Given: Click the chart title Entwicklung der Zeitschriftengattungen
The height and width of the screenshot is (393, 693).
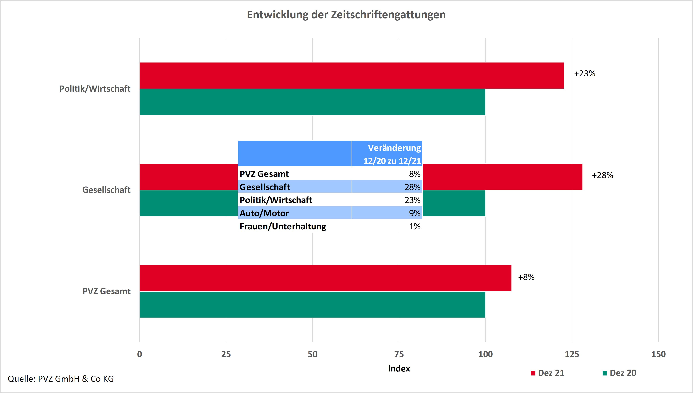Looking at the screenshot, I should (x=346, y=15).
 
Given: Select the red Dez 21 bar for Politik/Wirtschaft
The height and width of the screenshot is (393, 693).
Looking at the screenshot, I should (x=351, y=76).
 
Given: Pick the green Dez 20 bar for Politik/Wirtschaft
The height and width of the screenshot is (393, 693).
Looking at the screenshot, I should (x=312, y=102).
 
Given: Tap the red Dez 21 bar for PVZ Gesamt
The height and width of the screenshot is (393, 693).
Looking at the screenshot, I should (x=325, y=278).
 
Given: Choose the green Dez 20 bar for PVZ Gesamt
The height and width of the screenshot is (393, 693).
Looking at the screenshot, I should (x=312, y=304).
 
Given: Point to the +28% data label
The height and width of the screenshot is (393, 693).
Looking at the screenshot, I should (x=602, y=175).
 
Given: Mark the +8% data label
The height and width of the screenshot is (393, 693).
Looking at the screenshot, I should (x=526, y=277).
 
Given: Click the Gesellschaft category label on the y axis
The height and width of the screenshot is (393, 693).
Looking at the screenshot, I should (x=106, y=190).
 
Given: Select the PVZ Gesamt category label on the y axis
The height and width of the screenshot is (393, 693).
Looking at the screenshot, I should (x=107, y=291).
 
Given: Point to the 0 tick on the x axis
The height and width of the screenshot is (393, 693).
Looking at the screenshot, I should (x=139, y=354).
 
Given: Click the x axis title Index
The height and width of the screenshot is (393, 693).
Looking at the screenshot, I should (x=399, y=369).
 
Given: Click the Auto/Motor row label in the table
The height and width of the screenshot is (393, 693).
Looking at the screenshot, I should (x=264, y=213).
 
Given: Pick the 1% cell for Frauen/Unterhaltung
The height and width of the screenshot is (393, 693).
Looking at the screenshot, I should (x=415, y=226).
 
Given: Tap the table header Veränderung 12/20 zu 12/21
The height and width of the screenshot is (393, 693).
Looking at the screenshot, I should (x=392, y=154).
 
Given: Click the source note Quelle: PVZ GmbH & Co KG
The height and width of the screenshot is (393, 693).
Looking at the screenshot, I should (x=61, y=379).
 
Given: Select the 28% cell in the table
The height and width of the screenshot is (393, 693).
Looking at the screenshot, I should (x=412, y=187).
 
